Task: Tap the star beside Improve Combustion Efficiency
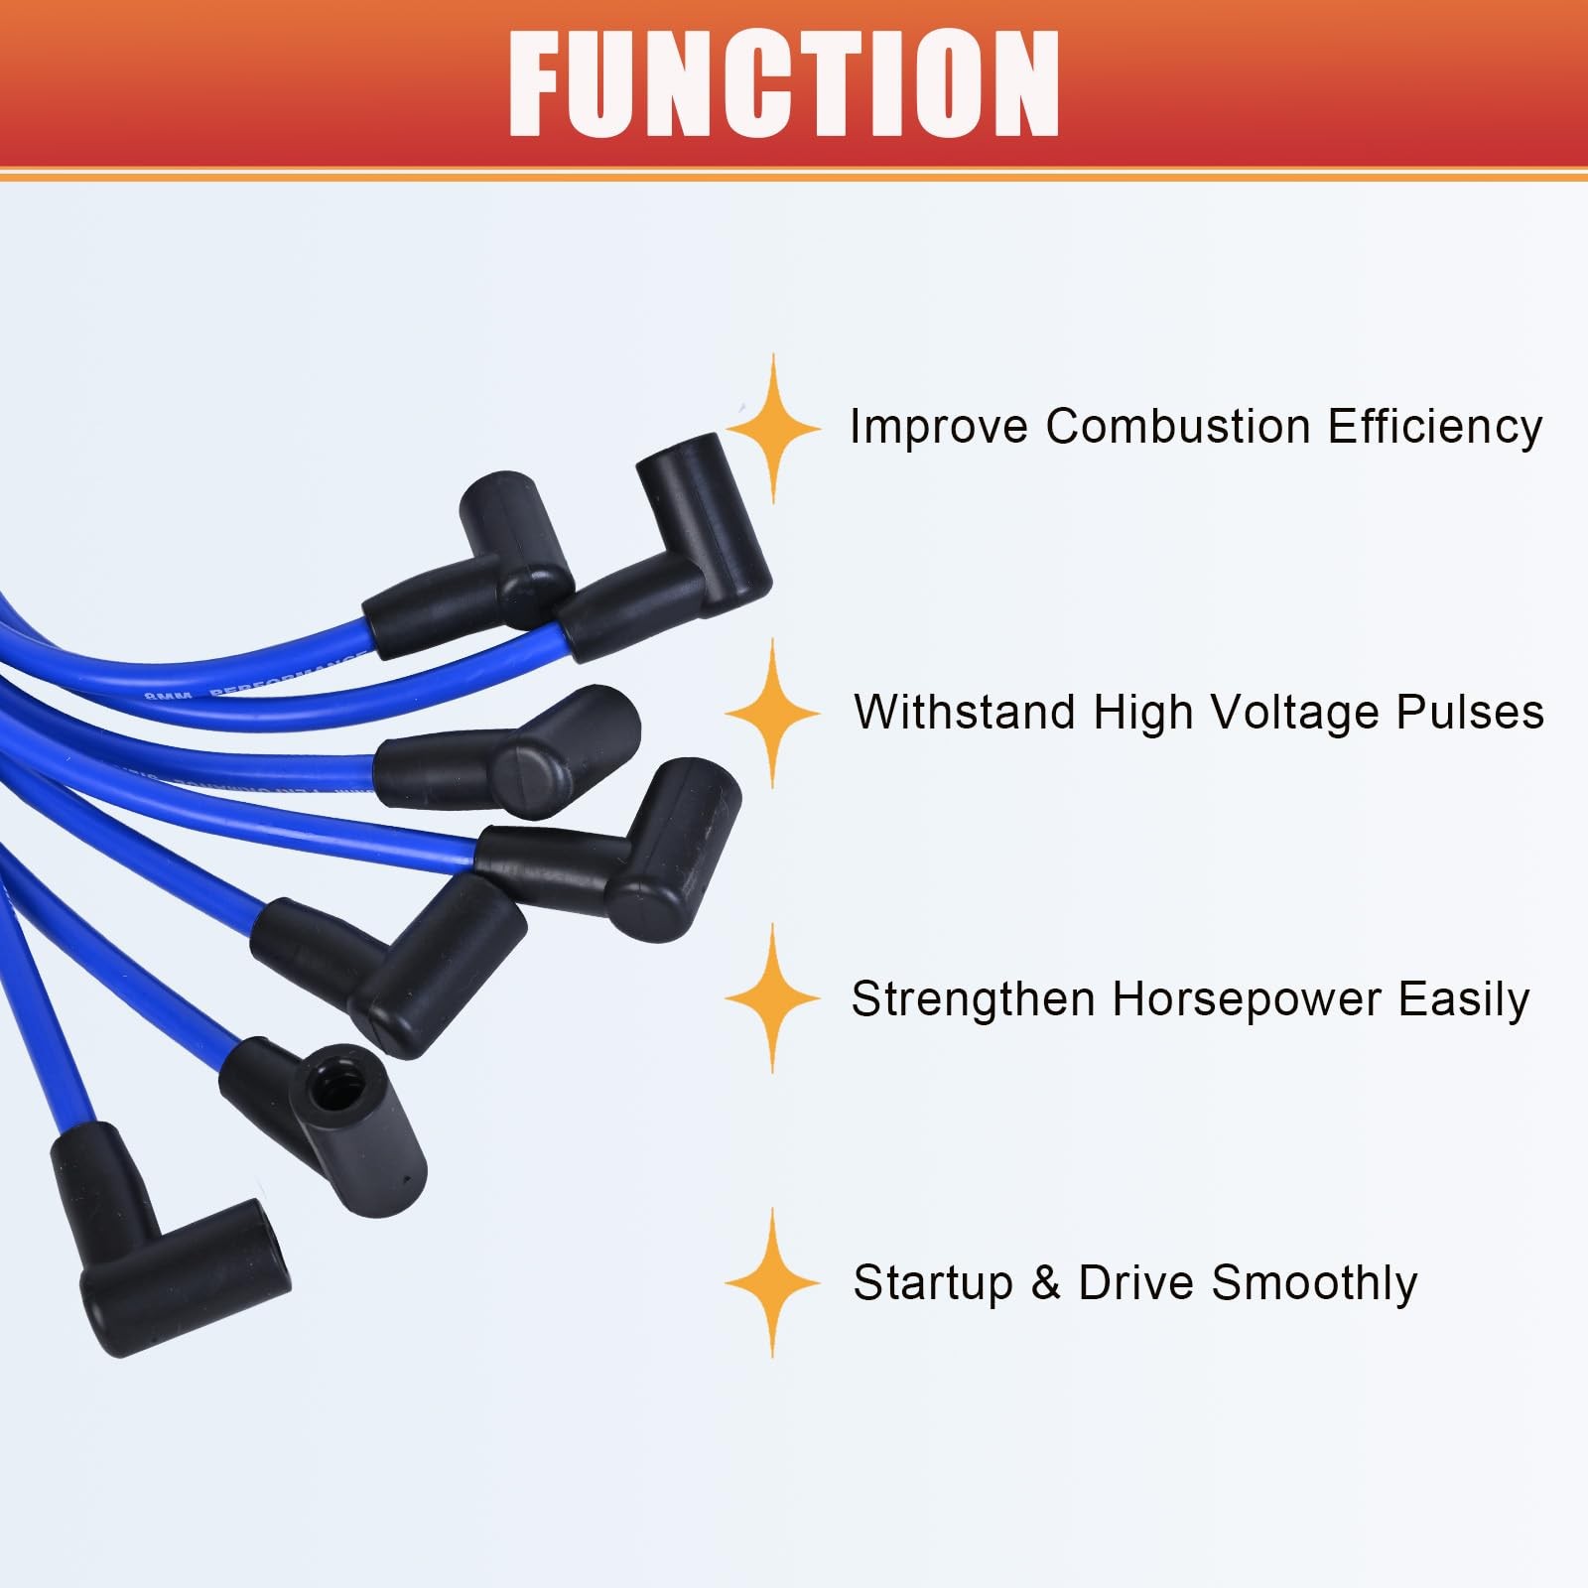tap(773, 429)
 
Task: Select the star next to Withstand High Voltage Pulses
tap(773, 714)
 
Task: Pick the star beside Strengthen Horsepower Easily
tap(773, 998)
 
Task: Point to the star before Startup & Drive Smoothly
tap(773, 1282)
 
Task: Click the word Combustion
tap(1178, 427)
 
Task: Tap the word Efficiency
tap(1435, 427)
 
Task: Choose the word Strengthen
tap(973, 998)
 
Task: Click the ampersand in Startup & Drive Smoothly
tap(1045, 1282)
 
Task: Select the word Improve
tap(938, 427)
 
